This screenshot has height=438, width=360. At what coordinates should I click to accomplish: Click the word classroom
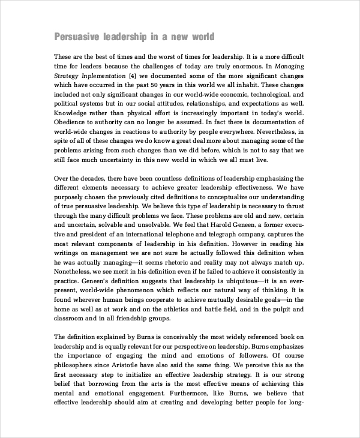[x=71, y=319]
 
